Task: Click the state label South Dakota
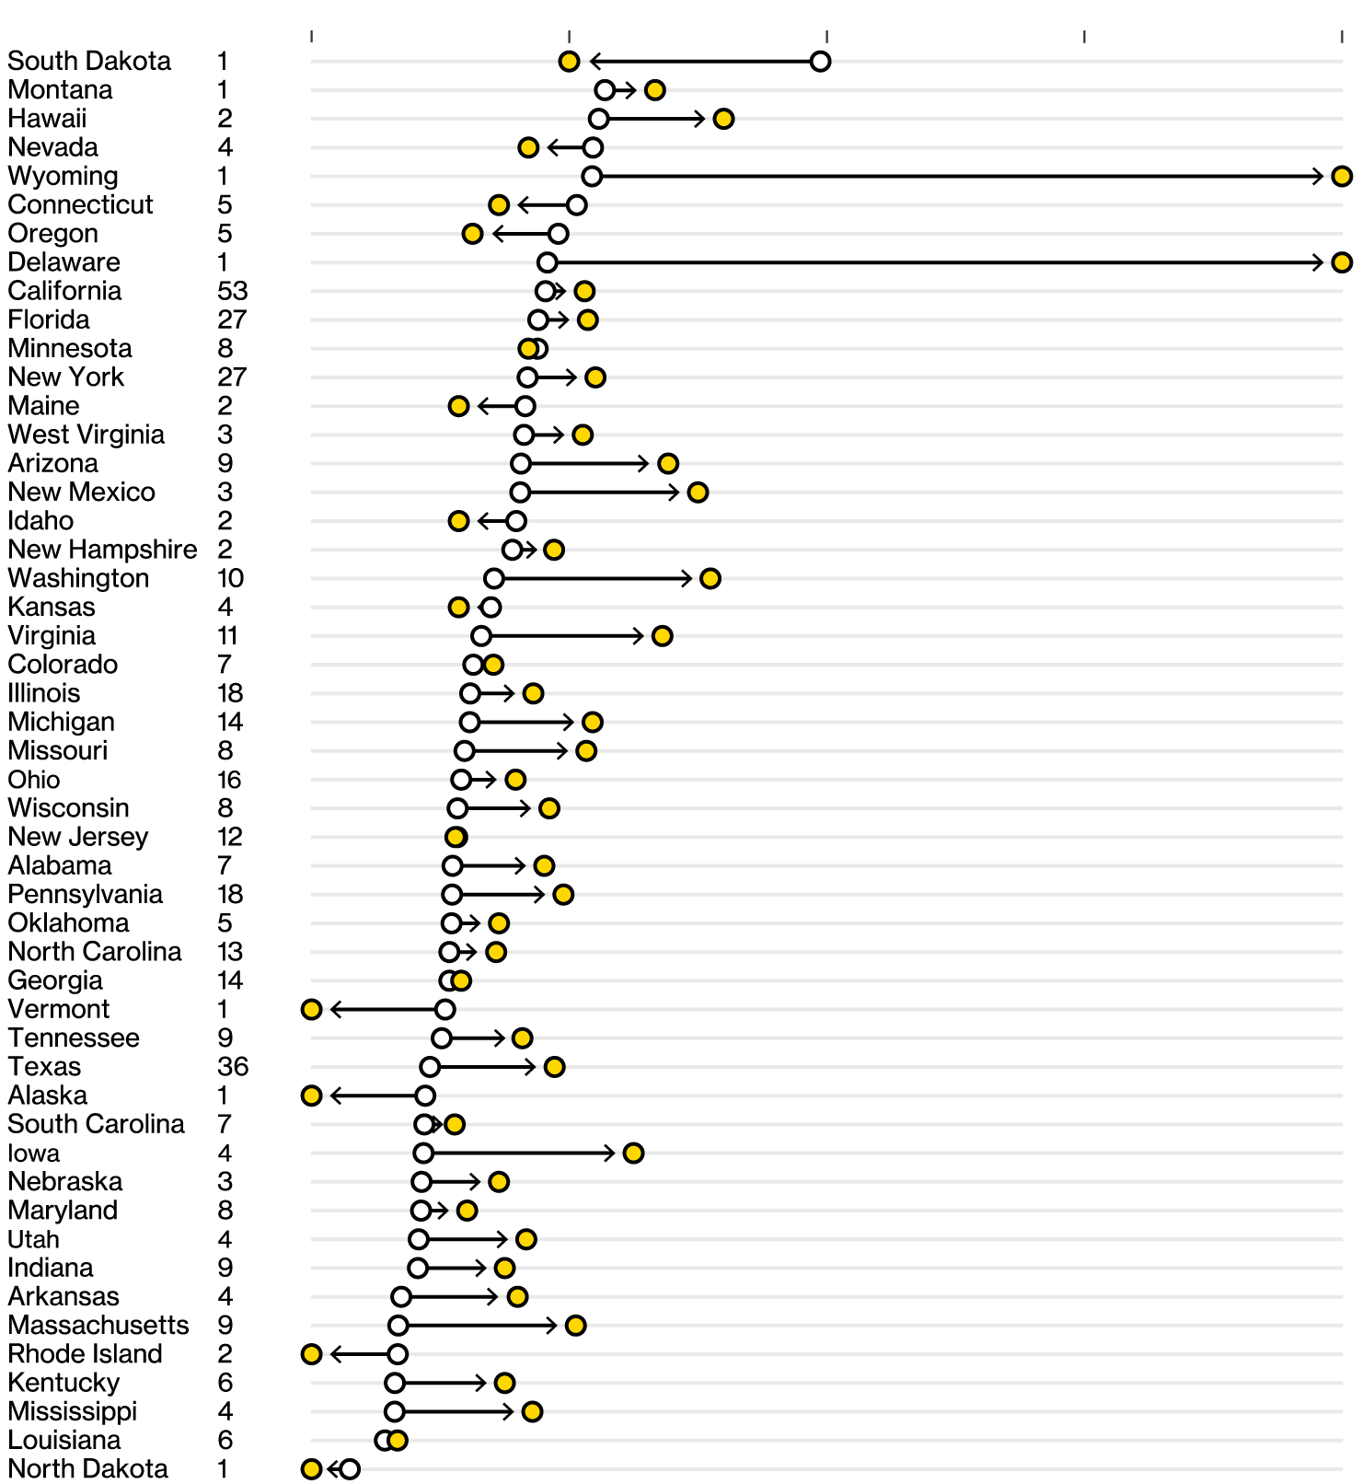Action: click(x=89, y=61)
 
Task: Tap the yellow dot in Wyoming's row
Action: click(x=1342, y=176)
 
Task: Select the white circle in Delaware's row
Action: click(x=548, y=262)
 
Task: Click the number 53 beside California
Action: click(x=233, y=291)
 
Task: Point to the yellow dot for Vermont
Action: click(x=312, y=1009)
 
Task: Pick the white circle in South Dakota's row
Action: click(x=820, y=62)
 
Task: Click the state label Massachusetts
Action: click(x=98, y=1325)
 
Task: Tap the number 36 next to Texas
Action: click(x=233, y=1066)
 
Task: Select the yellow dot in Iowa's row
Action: click(x=633, y=1153)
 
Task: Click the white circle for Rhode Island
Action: click(x=398, y=1354)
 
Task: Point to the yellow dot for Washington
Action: click(x=710, y=578)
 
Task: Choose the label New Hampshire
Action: click(x=102, y=550)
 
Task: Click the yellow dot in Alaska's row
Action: click(x=312, y=1096)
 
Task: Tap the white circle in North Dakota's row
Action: click(x=350, y=1469)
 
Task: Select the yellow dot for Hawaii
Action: click(x=723, y=119)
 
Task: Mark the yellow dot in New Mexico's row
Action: click(x=698, y=493)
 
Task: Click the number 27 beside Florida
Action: click(x=232, y=319)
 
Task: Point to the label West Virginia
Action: click(x=87, y=435)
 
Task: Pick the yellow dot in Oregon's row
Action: click(x=472, y=234)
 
